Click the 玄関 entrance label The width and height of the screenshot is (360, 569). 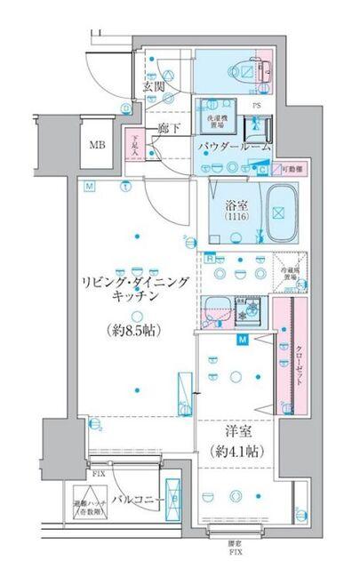[x=153, y=86]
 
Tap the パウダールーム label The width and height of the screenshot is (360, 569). [x=234, y=146]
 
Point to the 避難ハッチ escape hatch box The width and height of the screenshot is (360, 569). [x=85, y=507]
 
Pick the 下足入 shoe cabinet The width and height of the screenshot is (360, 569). [x=134, y=147]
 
